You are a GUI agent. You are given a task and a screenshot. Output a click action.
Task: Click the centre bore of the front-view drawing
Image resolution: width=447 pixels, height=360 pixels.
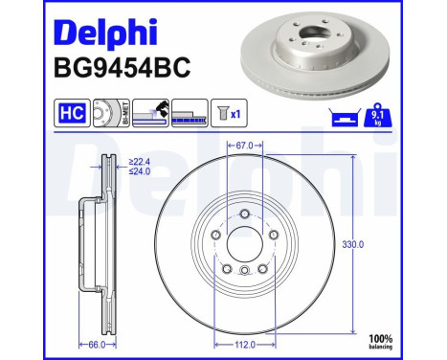click(245, 243)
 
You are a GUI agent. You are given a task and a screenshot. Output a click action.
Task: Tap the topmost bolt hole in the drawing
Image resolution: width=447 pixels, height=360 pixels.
click(245, 214)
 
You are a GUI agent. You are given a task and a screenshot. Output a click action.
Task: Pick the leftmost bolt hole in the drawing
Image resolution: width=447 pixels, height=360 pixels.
click(216, 235)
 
